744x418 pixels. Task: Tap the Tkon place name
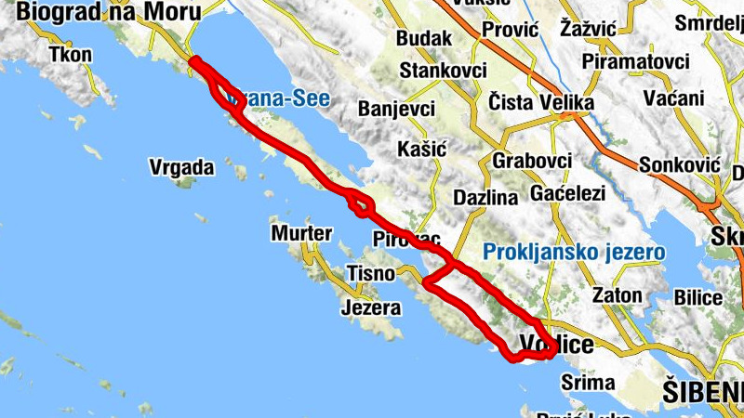[x=71, y=54]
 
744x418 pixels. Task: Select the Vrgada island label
[x=182, y=168]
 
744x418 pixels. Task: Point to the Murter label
[x=301, y=233]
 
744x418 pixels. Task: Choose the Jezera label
[x=371, y=307]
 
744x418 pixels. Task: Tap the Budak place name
[x=423, y=39]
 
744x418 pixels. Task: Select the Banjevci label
[x=396, y=109]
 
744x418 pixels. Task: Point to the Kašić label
[x=421, y=149]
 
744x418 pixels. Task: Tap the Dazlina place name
[x=485, y=197]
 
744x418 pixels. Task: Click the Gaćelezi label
[x=567, y=194]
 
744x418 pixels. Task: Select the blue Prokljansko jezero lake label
[x=574, y=252]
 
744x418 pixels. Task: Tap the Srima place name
[x=588, y=382]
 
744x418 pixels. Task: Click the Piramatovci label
[x=636, y=61]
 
